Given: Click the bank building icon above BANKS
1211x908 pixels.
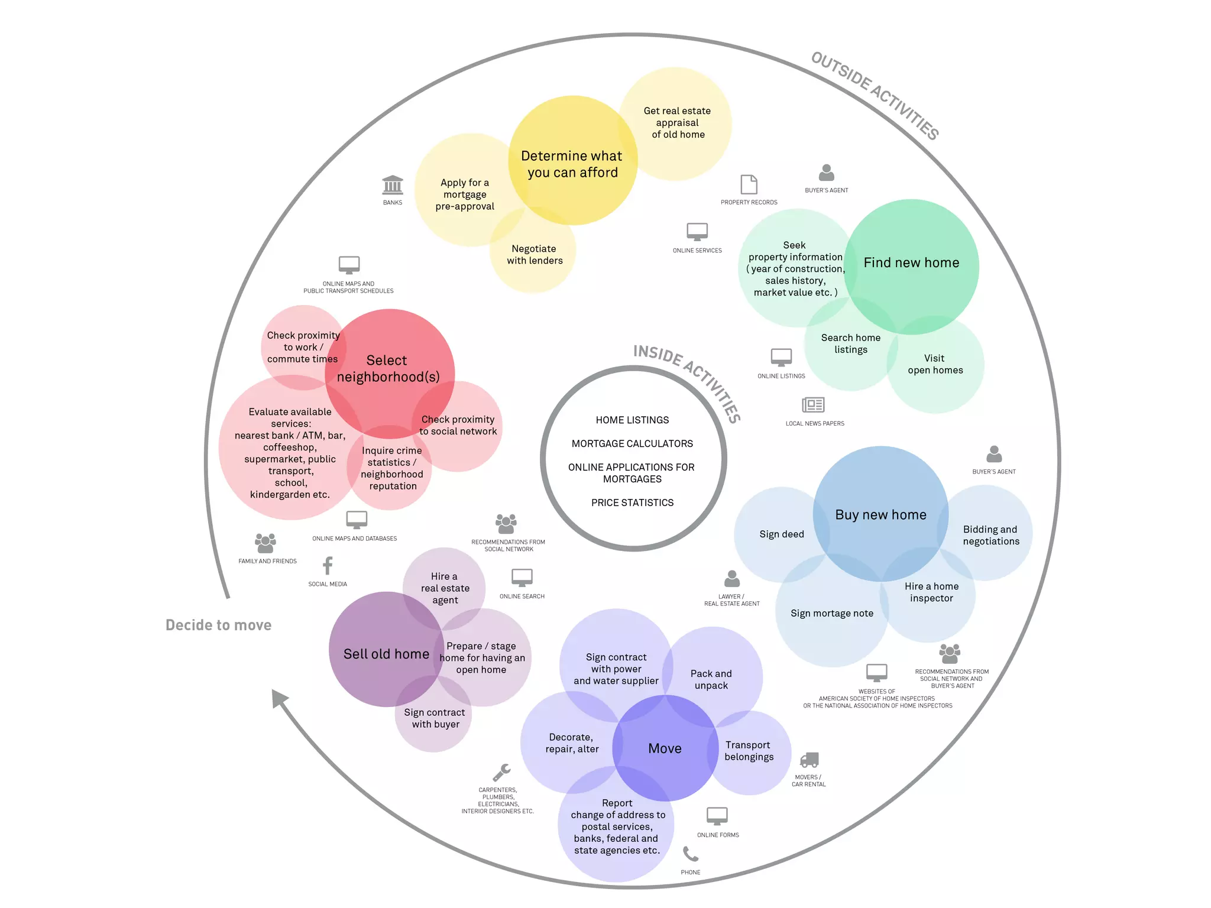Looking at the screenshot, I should coord(393,185).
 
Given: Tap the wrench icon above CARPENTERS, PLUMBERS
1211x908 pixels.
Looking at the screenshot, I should coord(501,772).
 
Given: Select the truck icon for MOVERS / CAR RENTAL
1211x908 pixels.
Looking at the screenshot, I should coord(809,760).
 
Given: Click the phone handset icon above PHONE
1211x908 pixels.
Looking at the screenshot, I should coord(690,854).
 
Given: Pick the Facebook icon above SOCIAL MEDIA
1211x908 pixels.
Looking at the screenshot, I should coord(328,566).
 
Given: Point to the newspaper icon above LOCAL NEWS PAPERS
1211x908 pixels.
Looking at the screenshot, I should coord(813,405).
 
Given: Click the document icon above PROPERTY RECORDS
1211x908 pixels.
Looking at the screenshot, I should coord(749,184).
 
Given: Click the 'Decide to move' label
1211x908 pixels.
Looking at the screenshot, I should coord(218,625).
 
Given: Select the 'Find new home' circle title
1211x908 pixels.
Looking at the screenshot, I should coord(911,263).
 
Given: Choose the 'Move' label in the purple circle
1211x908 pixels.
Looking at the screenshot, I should coord(665,749).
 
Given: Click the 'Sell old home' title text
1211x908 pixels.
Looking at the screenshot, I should coord(386,654).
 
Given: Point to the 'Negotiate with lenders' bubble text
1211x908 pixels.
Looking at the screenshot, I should coord(535,255).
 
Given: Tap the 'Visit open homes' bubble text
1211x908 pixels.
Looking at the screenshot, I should coord(935,364).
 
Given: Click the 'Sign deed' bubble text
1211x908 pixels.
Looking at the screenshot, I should coord(782,534).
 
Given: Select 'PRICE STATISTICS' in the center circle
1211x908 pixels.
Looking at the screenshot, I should coord(632,503).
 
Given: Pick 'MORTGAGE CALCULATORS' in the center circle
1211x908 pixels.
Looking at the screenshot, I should coord(632,444).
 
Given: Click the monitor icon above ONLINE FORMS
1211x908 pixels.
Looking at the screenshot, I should coord(717,816).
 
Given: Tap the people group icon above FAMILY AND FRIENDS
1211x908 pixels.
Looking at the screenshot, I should coord(265,543).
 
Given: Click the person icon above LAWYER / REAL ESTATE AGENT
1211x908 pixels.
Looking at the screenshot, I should coord(732,579).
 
